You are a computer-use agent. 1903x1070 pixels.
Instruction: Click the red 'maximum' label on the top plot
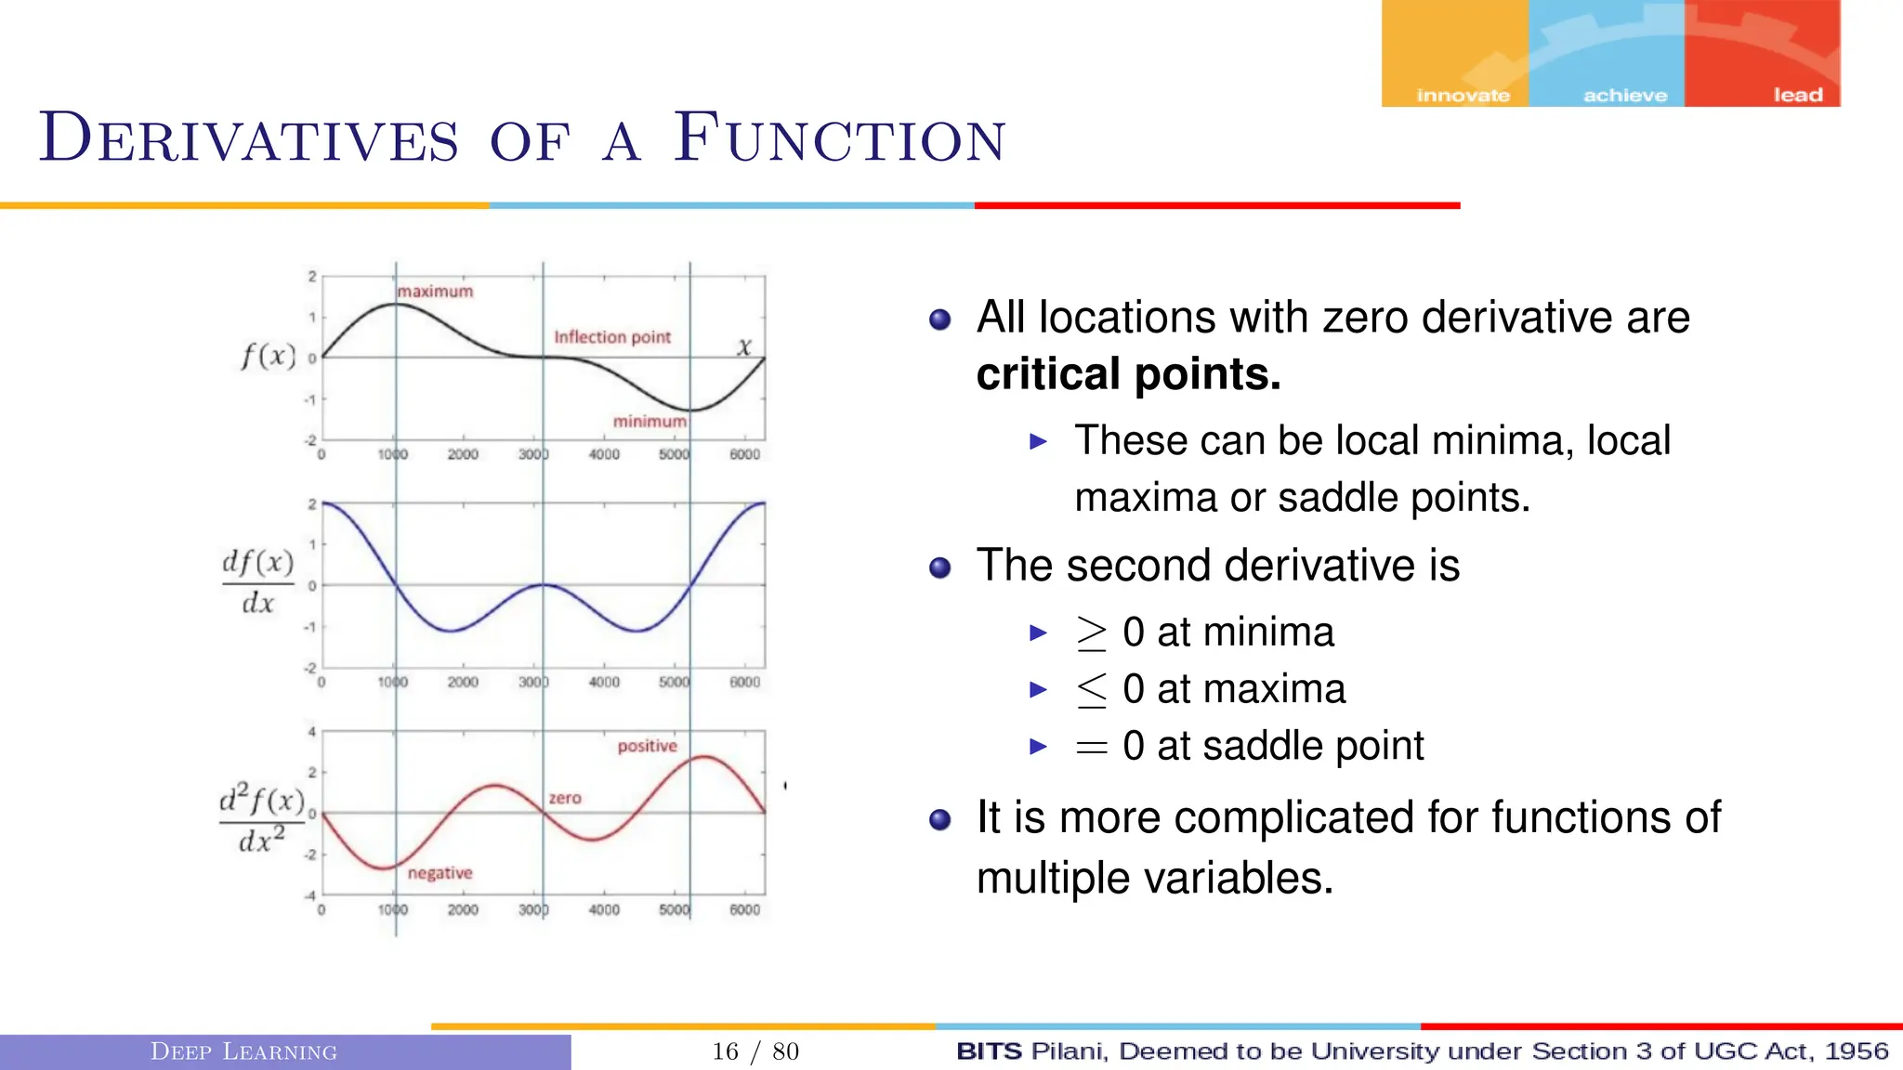tap(435, 292)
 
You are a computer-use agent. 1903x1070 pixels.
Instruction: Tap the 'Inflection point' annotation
tap(611, 337)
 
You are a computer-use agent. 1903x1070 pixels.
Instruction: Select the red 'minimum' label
tap(650, 422)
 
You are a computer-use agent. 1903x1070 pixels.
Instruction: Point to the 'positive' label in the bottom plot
tap(647, 746)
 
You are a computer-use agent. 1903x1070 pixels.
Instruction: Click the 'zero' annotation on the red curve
tap(565, 798)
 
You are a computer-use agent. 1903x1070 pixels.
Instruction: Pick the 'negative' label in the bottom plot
tap(440, 873)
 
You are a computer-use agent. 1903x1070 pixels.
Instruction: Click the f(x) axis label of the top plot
tap(268, 356)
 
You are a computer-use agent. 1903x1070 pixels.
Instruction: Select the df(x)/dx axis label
tap(257, 582)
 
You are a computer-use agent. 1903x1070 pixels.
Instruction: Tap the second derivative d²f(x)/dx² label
tap(261, 819)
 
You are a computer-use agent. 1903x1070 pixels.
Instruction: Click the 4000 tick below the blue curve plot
tap(604, 683)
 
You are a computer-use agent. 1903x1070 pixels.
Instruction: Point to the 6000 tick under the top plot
tap(744, 455)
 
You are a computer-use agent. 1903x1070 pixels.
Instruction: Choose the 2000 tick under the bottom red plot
tap(463, 910)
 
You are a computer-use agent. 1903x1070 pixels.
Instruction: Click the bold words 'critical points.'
tap(1128, 374)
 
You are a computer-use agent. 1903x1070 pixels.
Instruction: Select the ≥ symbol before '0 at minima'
tap(1091, 633)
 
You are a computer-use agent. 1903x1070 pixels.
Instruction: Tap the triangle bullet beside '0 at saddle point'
tap(1039, 746)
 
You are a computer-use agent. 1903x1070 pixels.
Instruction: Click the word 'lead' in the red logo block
tap(1797, 95)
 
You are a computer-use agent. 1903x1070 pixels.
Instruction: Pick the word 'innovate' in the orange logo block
tap(1463, 95)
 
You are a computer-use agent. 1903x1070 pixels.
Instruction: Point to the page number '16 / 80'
tap(755, 1051)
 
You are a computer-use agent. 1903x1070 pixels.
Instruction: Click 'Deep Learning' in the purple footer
tap(243, 1051)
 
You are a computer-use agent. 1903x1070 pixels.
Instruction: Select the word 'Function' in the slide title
tap(839, 139)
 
